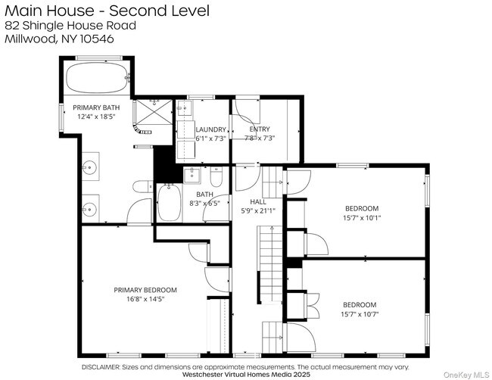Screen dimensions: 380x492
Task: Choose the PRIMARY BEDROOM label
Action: point(145,289)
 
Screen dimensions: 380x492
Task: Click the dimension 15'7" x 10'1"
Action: point(361,217)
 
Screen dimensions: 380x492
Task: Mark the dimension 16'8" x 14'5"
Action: point(145,299)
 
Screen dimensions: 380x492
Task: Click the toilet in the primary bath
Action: point(141,186)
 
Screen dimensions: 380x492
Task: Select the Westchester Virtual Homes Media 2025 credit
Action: point(247,374)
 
